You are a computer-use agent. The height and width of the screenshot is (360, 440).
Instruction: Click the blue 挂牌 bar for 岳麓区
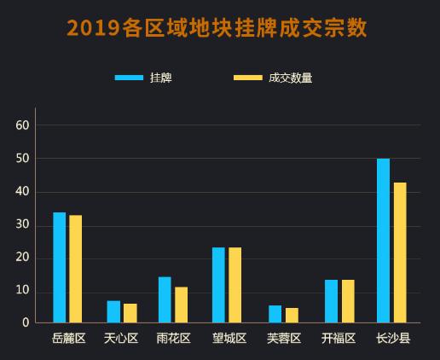[x=59, y=267]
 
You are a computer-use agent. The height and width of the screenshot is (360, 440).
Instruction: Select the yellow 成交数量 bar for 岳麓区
[x=76, y=269]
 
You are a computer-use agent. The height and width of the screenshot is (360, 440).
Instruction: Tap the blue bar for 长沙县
[x=383, y=241]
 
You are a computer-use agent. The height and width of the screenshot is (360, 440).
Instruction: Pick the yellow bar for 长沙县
[x=400, y=253]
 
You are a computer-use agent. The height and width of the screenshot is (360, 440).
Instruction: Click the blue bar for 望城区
[x=218, y=285]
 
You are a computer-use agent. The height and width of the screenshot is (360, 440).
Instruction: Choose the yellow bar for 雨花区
[x=181, y=305]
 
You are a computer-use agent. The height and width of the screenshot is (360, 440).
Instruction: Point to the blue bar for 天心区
[x=113, y=311]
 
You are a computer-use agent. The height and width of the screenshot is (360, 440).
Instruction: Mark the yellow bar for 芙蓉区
[x=292, y=315]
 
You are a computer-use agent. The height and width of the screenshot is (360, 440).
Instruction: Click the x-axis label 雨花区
[x=174, y=339]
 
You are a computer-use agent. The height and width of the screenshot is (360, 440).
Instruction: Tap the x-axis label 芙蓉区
[x=284, y=339]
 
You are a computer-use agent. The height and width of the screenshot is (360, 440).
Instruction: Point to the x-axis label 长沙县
[x=393, y=339]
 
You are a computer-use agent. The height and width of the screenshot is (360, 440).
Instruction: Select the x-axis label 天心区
[x=120, y=339]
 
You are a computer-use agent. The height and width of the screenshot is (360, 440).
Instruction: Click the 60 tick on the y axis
[x=23, y=125]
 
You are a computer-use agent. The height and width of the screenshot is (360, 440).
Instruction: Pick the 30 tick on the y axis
[x=23, y=225]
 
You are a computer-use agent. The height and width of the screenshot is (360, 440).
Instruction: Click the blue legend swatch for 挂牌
[x=129, y=78]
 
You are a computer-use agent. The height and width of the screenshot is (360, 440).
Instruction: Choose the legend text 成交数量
[x=291, y=78]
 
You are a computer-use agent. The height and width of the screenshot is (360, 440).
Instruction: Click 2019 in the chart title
[x=93, y=28]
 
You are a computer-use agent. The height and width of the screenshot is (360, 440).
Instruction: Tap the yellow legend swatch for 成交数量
[x=248, y=78]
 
